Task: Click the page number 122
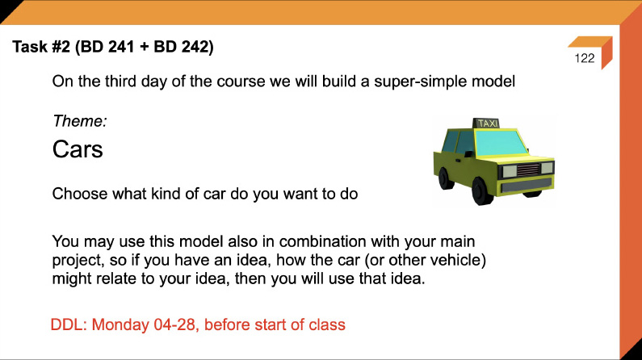585,59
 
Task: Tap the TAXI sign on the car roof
487,123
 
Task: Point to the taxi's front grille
530,170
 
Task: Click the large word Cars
78,149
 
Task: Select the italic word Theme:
80,121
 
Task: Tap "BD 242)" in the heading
187,48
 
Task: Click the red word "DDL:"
69,325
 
